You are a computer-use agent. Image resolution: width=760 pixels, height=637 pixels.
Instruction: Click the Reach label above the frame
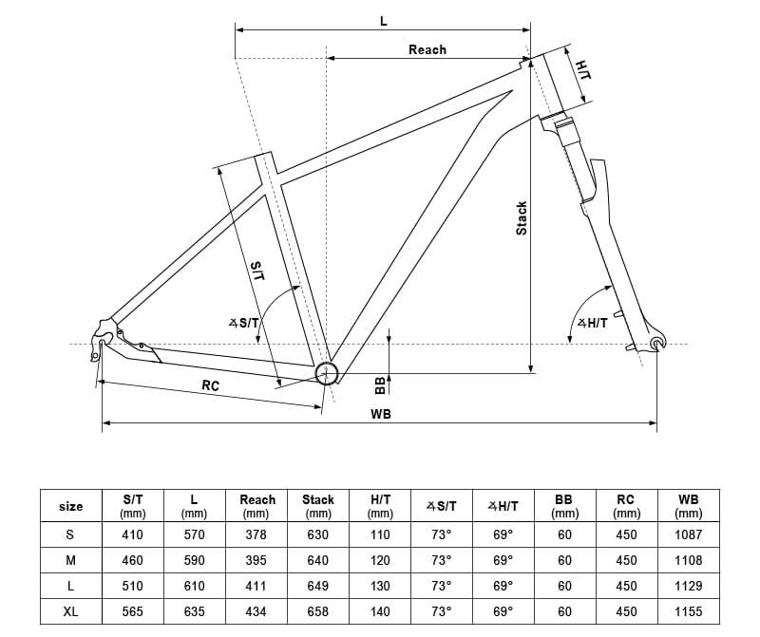tap(427, 49)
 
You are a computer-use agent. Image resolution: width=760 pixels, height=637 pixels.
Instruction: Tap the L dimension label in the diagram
tap(383, 20)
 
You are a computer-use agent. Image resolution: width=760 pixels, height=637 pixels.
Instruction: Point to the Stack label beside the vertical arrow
tap(522, 218)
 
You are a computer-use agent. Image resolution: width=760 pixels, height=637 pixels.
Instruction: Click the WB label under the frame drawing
tap(381, 414)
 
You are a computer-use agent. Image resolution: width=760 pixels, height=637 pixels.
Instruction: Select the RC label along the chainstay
tap(210, 385)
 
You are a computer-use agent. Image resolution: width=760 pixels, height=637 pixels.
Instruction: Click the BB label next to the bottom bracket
tap(380, 384)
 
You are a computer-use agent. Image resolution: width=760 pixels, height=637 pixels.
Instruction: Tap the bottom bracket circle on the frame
tap(327, 373)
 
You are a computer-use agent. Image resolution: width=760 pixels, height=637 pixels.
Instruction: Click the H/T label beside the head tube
tap(582, 69)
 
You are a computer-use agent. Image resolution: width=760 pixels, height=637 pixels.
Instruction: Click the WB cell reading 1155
tap(688, 612)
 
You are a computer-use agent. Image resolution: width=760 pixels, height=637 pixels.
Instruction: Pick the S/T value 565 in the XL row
tap(134, 612)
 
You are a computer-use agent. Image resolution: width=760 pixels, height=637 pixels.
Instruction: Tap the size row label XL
tap(71, 612)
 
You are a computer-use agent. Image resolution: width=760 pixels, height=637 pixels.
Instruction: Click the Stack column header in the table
tap(318, 506)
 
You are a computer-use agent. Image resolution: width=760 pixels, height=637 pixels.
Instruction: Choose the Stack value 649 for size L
tap(318, 587)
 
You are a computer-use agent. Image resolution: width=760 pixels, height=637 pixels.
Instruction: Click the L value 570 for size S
tap(194, 534)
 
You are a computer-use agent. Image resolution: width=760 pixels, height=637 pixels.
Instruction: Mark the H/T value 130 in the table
tap(380, 587)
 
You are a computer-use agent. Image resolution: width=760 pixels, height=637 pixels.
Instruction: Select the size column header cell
tap(71, 506)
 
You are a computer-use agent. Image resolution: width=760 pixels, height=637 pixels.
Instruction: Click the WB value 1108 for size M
tap(688, 560)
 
